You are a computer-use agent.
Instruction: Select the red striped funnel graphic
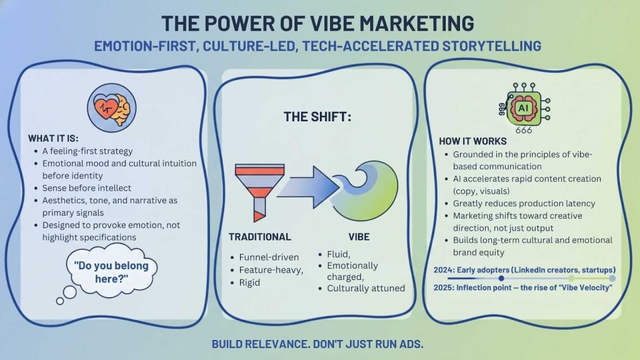click(257, 188)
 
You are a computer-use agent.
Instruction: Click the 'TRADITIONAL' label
click(259, 237)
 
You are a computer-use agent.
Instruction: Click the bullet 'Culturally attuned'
click(366, 288)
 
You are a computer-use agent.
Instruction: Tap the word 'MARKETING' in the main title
click(401, 23)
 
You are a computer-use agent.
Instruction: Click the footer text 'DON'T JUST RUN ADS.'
click(369, 344)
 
